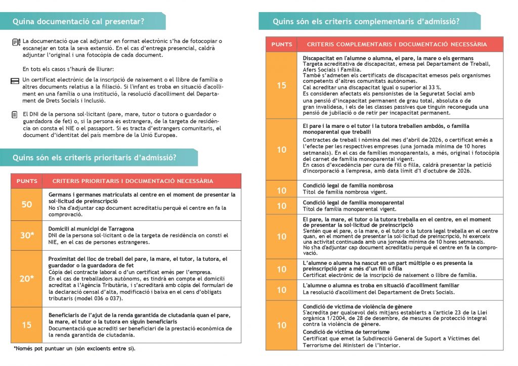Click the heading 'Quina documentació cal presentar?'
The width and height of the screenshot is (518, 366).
pos(78,21)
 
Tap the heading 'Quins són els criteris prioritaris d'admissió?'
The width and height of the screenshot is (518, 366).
pos(95,158)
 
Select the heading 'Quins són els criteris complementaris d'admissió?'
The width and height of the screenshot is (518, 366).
pos(366,21)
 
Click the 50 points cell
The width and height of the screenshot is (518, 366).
pos(27,204)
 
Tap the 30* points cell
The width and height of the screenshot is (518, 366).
pos(27,235)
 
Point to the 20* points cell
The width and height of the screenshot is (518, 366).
pos(27,279)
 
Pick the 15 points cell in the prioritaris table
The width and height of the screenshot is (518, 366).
pos(27,325)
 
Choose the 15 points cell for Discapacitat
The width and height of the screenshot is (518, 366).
pos(282,85)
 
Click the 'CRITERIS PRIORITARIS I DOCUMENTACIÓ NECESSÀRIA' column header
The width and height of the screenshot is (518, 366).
pos(133,181)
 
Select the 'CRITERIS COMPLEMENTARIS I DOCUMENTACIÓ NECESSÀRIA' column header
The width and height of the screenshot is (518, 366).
pos(397,44)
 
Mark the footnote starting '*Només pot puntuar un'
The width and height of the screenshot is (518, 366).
pos(74,348)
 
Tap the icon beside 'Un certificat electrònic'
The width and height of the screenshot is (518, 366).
pos(15,81)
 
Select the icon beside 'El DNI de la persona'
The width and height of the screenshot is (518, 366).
pos(15,115)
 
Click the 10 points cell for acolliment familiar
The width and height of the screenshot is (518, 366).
pos(282,290)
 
